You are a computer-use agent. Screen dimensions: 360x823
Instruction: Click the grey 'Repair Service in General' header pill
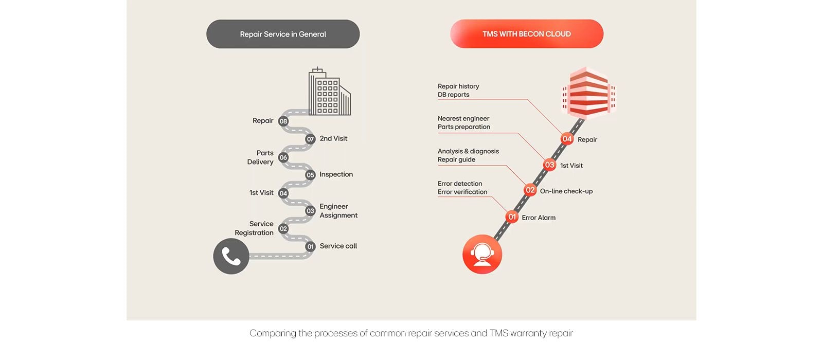[x=283, y=34]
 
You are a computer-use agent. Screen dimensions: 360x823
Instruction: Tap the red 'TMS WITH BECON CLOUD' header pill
[x=527, y=34]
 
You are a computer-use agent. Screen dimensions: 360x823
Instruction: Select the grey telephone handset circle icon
[x=231, y=256]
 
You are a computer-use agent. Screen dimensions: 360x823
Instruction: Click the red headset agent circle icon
[x=482, y=254]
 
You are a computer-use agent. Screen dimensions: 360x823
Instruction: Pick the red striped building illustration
[x=588, y=93]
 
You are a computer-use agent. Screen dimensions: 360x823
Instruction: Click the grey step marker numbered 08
[x=283, y=121]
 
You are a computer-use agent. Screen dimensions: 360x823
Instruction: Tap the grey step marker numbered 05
[x=310, y=175]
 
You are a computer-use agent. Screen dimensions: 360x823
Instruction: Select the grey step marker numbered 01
[x=310, y=247]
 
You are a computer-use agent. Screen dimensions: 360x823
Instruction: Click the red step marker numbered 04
[x=567, y=139]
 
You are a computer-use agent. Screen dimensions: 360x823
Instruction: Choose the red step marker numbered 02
[x=530, y=190]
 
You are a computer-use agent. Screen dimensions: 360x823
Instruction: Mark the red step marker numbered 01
[x=512, y=217]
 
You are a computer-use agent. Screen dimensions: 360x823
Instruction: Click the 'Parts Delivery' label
[x=261, y=157]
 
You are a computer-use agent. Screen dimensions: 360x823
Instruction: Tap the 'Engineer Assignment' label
[x=338, y=211]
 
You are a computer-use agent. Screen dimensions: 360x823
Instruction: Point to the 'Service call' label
[x=338, y=246]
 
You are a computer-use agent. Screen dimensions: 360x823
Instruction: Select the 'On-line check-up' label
[x=566, y=191]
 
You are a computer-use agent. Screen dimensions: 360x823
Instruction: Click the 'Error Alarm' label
[x=539, y=218]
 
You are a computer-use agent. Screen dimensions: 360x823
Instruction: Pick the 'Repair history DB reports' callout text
[x=458, y=91]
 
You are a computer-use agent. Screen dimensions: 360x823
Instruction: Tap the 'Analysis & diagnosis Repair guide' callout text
[x=468, y=155]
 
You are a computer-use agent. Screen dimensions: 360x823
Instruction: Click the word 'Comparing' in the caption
[x=273, y=333]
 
